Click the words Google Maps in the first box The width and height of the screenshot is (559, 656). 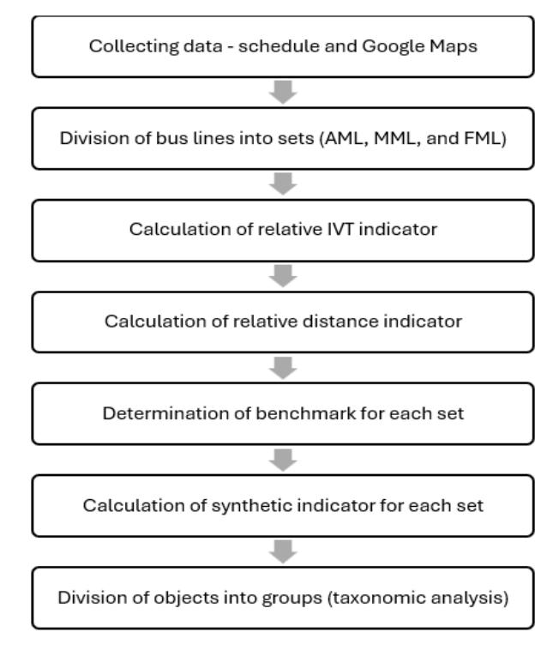419,46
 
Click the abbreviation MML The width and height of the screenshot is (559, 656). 394,138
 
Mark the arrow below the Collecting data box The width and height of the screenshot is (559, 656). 283,92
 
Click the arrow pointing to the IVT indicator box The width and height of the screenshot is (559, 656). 283,184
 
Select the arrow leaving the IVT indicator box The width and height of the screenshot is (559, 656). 283,276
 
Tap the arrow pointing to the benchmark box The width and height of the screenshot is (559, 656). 283,368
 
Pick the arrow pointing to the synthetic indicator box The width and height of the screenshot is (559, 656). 283,460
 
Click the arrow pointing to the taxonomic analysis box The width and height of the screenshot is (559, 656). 283,552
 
